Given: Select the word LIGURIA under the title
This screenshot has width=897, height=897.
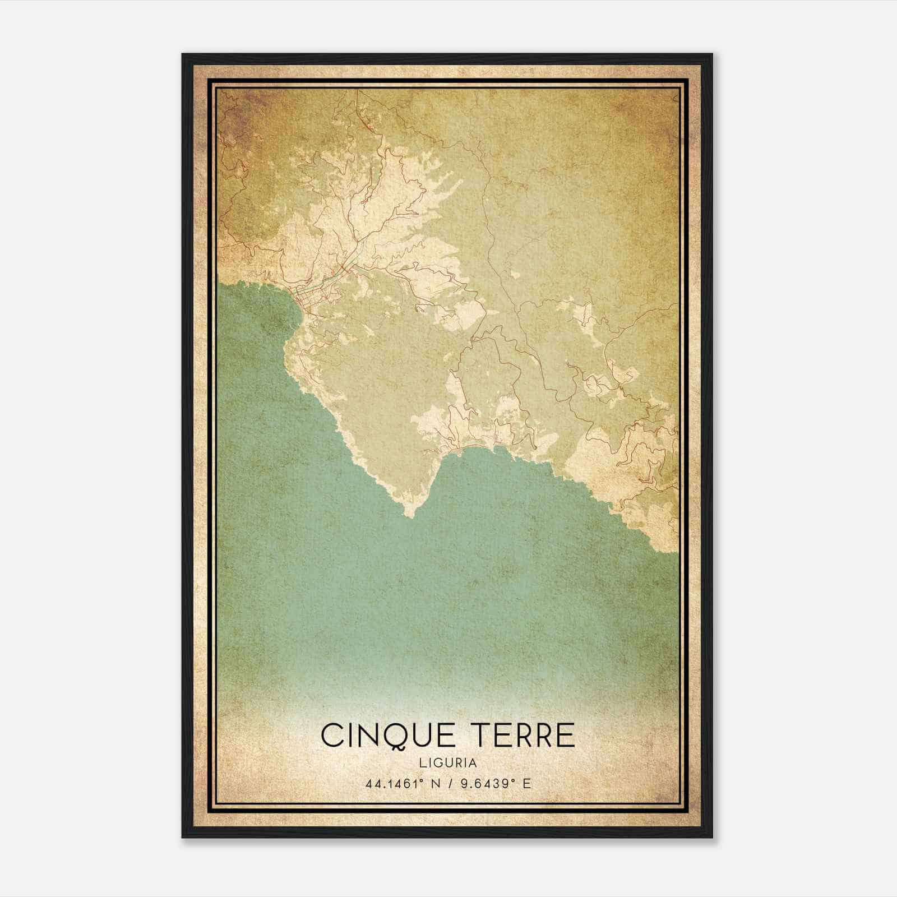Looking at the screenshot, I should coord(448,763).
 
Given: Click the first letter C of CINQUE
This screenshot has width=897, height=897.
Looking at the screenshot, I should coord(331,735).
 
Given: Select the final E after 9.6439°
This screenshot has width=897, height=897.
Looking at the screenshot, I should coord(526,784).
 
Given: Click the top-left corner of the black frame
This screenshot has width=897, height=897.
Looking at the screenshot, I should coord(183,54).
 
